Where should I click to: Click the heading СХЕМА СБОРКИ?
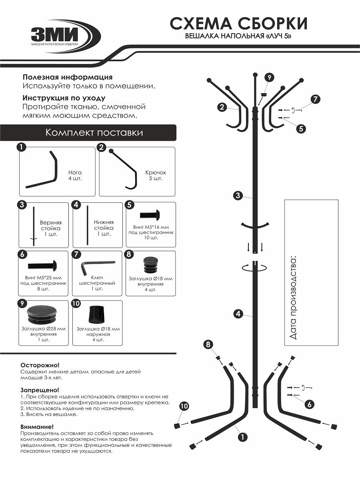click(239, 24)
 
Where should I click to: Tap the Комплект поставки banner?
click(94, 132)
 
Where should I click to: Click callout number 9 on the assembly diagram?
click(270, 77)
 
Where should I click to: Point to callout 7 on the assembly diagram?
click(316, 100)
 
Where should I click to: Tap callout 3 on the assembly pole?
click(238, 196)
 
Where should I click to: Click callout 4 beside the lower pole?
click(238, 314)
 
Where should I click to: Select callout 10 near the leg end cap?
click(184, 406)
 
